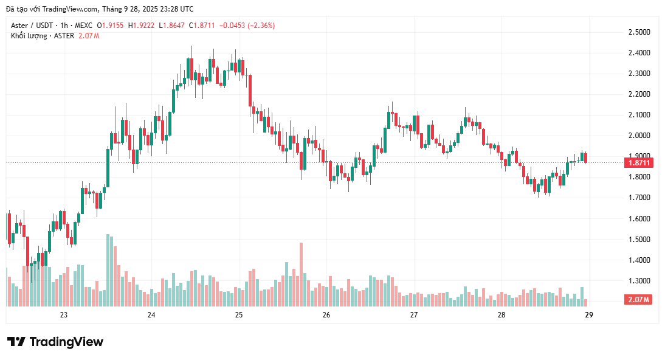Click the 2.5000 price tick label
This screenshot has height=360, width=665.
click(x=638, y=32)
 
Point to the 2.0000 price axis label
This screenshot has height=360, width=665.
click(x=638, y=135)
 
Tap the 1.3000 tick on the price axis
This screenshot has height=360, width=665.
click(x=638, y=281)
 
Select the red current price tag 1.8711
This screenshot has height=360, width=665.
click(x=638, y=162)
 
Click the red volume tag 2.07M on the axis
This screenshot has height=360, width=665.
click(x=638, y=300)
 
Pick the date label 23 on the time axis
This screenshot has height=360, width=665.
click(x=64, y=315)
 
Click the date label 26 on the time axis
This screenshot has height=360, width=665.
click(x=326, y=315)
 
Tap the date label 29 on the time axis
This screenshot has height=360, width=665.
click(x=589, y=315)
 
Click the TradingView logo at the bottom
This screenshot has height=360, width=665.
click(x=55, y=342)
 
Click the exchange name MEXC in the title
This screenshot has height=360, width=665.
click(x=84, y=26)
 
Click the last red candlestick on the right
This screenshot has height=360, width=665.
click(x=586, y=157)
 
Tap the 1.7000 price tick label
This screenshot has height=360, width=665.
click(x=638, y=198)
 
